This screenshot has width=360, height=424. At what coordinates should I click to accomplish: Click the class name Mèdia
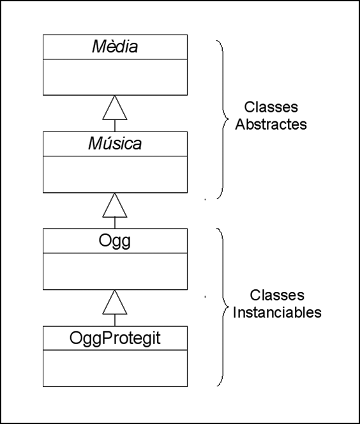(x=115, y=46)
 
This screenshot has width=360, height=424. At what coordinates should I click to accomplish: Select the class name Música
(x=115, y=143)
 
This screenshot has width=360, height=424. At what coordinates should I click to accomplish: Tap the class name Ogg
(x=115, y=241)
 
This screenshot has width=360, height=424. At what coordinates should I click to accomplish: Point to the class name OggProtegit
(x=115, y=338)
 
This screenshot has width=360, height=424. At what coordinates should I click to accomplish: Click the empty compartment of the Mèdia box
(x=115, y=77)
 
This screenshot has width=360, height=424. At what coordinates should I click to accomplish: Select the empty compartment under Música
(x=115, y=174)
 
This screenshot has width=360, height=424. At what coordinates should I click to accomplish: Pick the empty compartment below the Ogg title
(x=115, y=271)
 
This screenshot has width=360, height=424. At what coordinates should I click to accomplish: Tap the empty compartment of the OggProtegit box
(x=115, y=368)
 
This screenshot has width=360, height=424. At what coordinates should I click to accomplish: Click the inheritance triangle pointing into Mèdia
(x=115, y=108)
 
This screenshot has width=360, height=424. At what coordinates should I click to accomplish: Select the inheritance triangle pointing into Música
(x=115, y=205)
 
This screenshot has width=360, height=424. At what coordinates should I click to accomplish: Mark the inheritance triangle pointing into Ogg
(x=115, y=302)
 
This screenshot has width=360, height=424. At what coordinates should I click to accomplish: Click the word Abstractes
(x=271, y=125)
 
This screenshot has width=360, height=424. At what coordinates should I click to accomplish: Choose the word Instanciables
(x=277, y=312)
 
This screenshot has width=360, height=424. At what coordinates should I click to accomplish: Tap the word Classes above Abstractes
(x=271, y=107)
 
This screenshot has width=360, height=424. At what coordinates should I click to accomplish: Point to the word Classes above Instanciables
(x=277, y=295)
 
